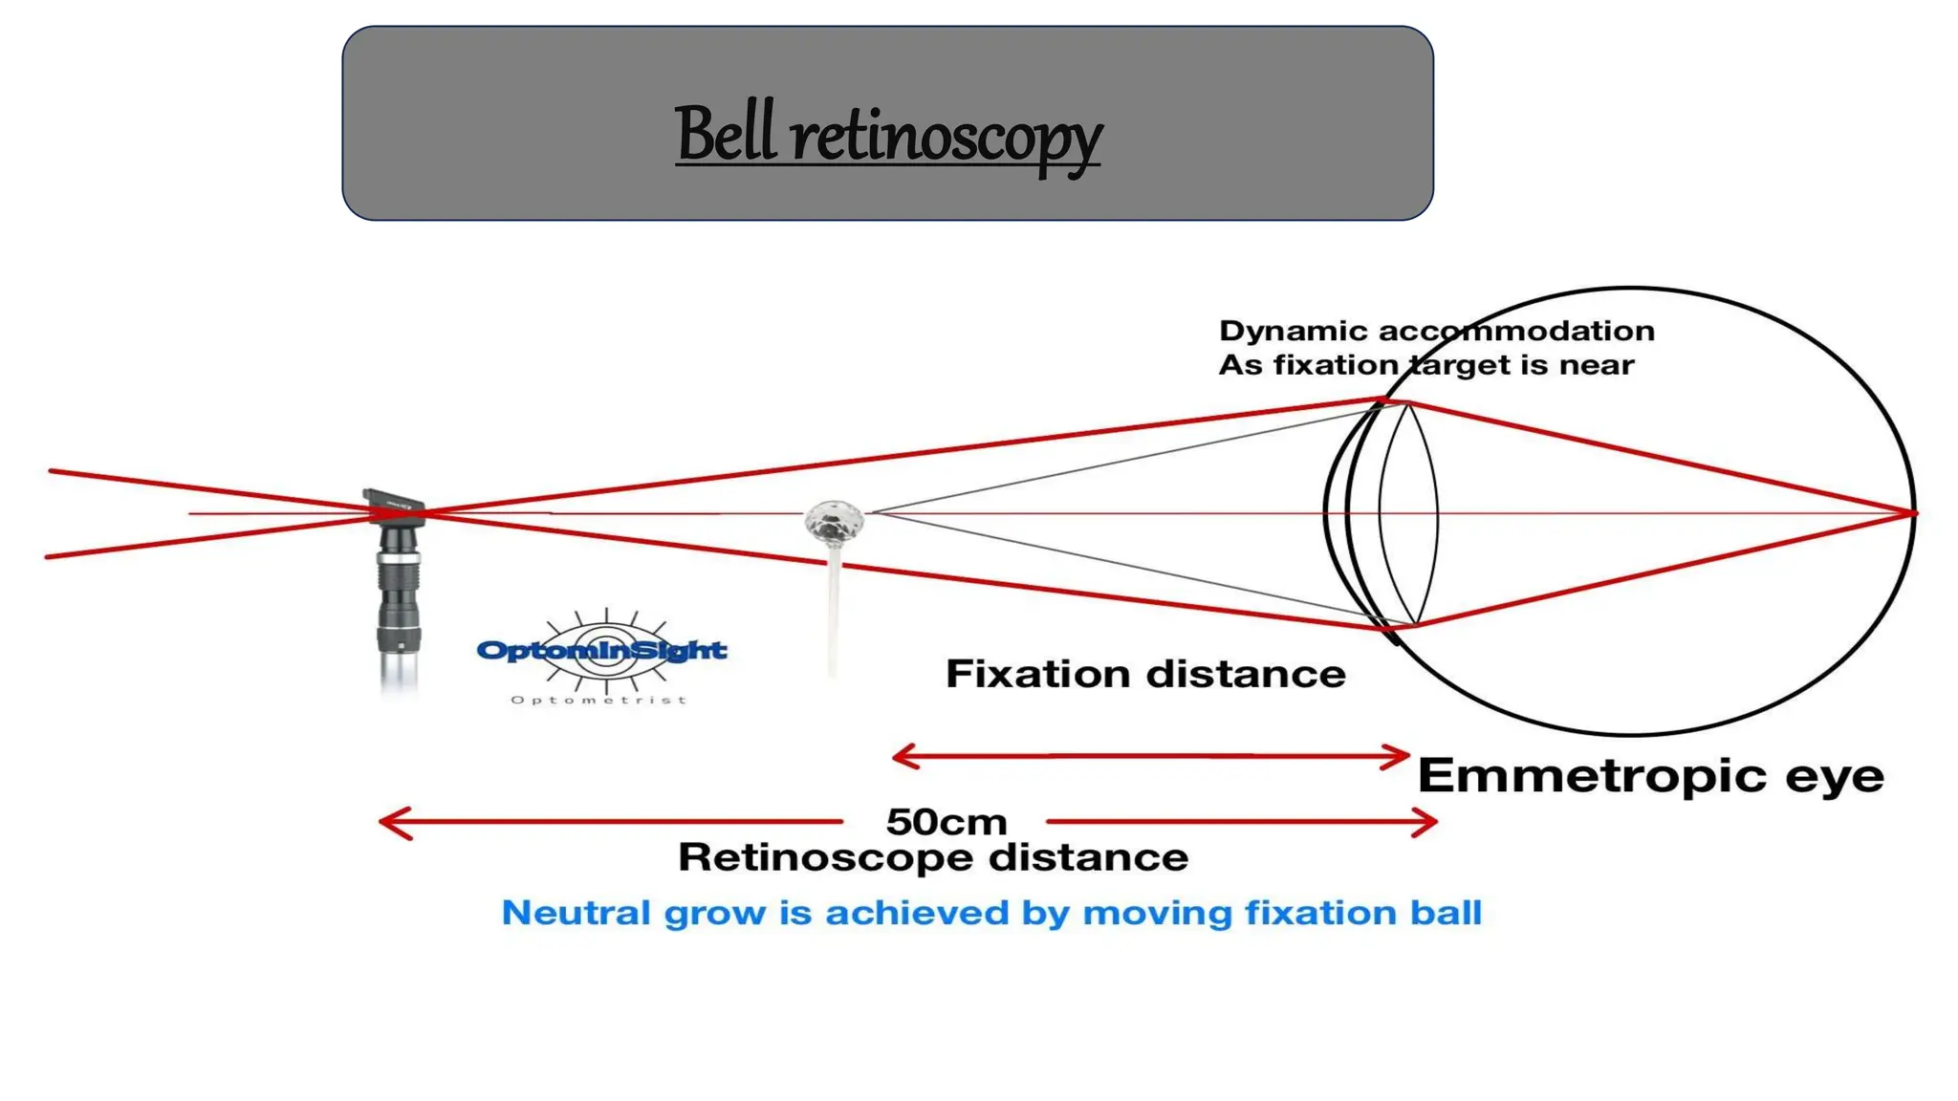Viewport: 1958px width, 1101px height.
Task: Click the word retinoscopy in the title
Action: (946, 139)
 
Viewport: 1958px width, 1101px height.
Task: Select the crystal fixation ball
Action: (834, 522)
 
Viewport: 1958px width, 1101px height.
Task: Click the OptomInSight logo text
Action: (601, 651)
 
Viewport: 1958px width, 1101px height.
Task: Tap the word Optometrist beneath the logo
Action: (598, 701)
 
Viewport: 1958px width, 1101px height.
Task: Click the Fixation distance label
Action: (1145, 675)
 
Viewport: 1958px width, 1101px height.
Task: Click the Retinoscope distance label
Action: (932, 857)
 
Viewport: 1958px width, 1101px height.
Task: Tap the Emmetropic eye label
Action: (1650, 775)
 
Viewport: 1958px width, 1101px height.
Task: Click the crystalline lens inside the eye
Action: (1408, 514)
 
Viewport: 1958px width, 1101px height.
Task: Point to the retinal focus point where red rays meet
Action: (1911, 513)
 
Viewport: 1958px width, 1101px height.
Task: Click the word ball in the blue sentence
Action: (1446, 913)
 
